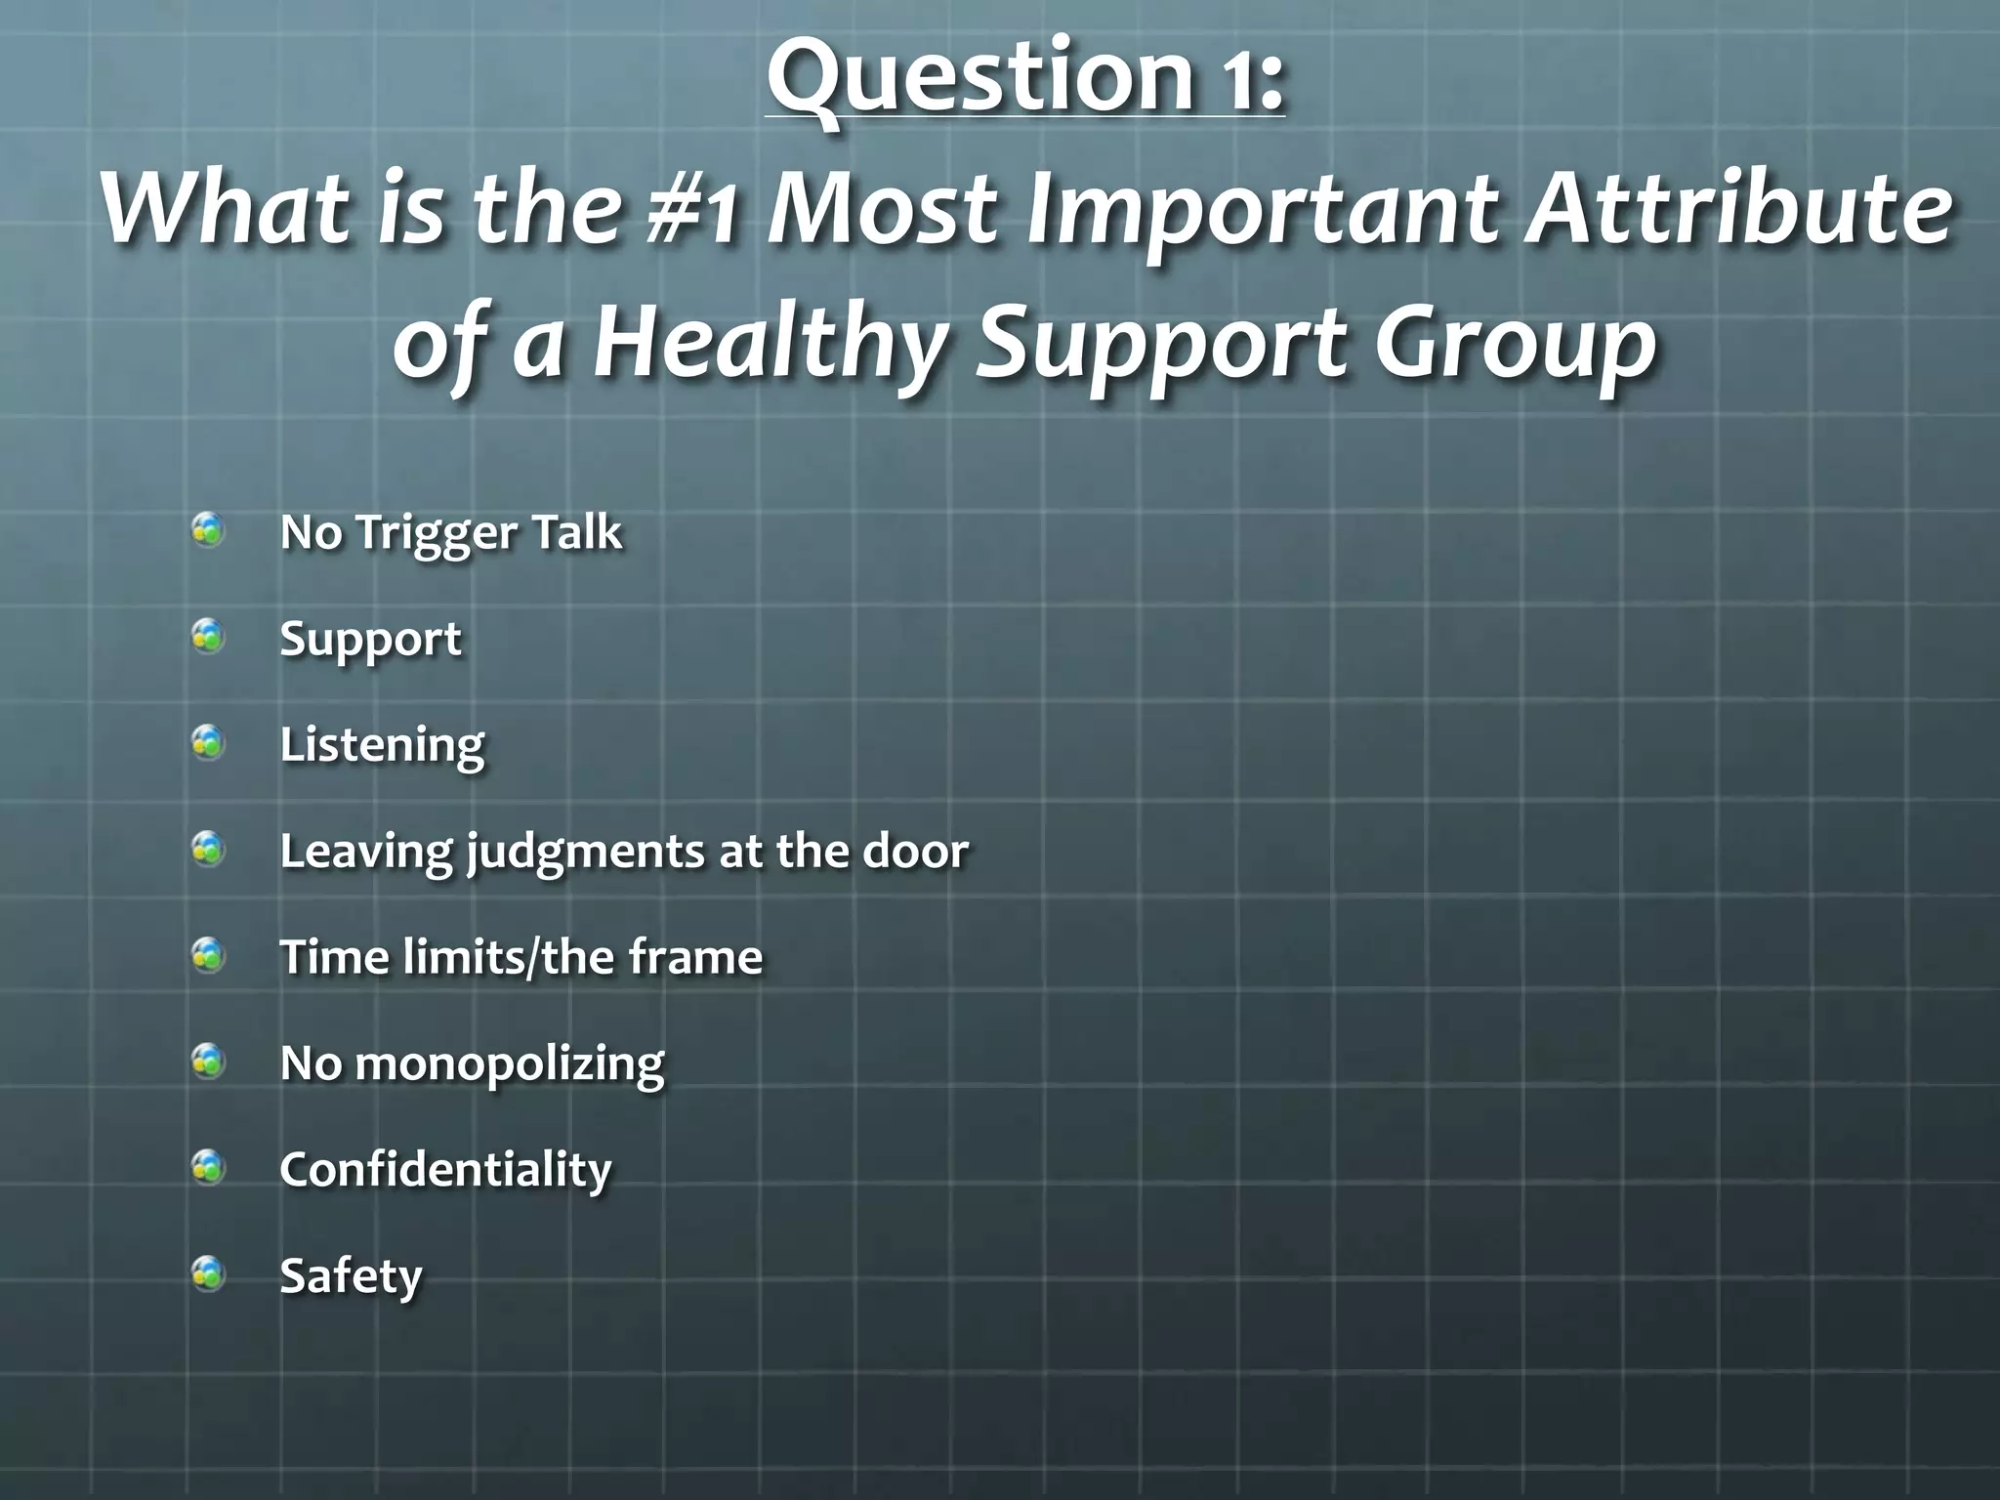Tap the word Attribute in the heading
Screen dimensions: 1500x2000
pyautogui.click(x=1739, y=209)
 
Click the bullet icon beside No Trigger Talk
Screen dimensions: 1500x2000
pyautogui.click(x=208, y=531)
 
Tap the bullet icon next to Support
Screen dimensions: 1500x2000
pyautogui.click(x=208, y=638)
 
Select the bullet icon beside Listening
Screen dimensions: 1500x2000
pyautogui.click(x=208, y=744)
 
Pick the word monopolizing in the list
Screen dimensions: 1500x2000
pyautogui.click(x=509, y=1063)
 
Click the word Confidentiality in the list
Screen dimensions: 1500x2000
pyautogui.click(x=445, y=1169)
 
